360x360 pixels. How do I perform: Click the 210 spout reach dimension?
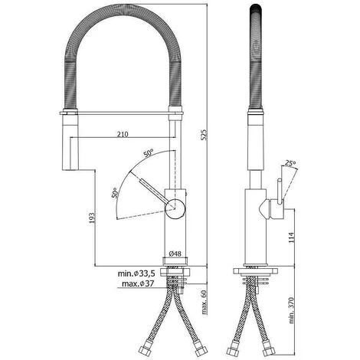pyautogui.click(x=123, y=134)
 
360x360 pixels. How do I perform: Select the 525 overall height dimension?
pyautogui.click(x=204, y=135)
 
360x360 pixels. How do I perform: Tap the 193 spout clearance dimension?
pyautogui.click(x=92, y=218)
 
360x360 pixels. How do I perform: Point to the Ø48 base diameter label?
pyautogui.click(x=175, y=254)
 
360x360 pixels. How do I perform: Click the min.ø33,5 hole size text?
pyautogui.click(x=136, y=273)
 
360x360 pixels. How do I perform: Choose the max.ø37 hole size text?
pyautogui.click(x=138, y=283)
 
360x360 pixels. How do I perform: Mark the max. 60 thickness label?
pyautogui.click(x=205, y=302)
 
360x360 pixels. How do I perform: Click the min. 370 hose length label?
pyautogui.click(x=291, y=310)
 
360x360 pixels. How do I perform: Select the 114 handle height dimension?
pyautogui.click(x=292, y=237)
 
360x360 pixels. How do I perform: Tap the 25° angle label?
pyautogui.click(x=291, y=162)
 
